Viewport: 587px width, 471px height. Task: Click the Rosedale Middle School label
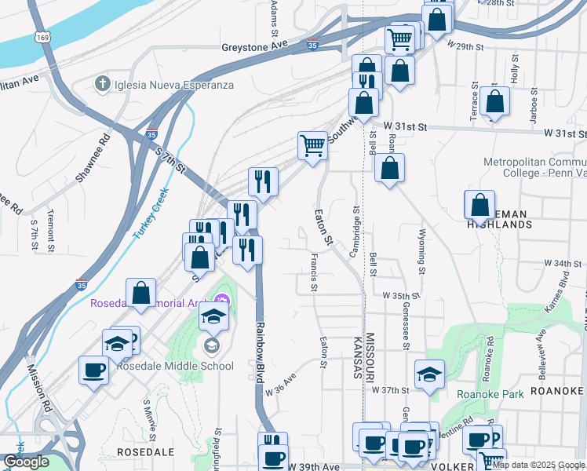click(x=175, y=366)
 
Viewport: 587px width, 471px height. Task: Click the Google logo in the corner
click(x=26, y=462)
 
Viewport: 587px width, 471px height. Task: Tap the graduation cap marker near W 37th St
click(x=430, y=374)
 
